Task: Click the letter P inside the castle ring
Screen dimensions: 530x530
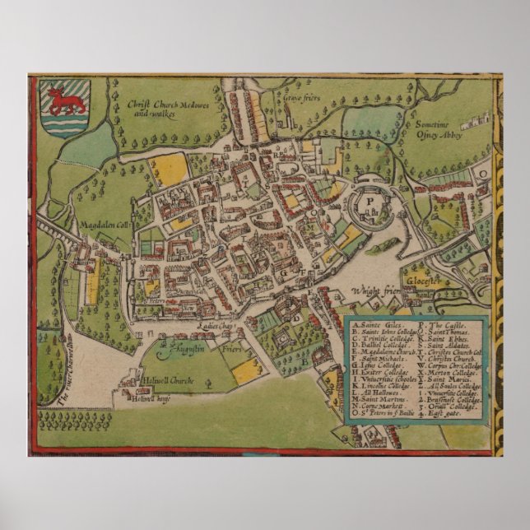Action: pos(371,200)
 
